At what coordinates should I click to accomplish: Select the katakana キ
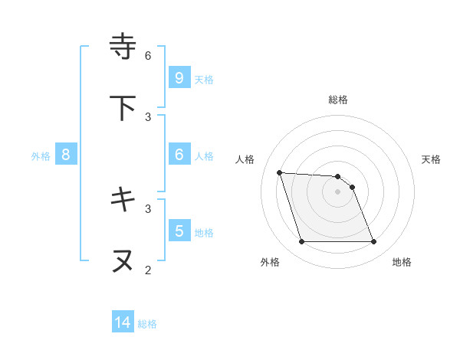point(123,200)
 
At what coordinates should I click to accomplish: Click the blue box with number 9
point(179,77)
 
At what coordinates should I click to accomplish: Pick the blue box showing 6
point(179,154)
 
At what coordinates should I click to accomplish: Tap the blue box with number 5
point(179,231)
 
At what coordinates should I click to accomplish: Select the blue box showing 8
point(66,154)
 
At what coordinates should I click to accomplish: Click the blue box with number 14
point(123,322)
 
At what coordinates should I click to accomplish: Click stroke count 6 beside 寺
point(148,55)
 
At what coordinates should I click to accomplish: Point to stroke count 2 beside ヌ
point(148,270)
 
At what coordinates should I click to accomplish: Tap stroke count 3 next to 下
point(148,116)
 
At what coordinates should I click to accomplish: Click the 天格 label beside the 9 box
point(204,79)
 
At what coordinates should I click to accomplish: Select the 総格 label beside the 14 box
point(147,324)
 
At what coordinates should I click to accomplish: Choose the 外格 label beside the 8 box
point(41,155)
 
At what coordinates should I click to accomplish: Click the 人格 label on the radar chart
point(245,159)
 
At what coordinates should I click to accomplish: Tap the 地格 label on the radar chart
point(402,262)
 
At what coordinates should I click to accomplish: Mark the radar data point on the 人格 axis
point(279,172)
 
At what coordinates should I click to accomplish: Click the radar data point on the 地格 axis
point(374,242)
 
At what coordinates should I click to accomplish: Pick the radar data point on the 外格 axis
point(301,242)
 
